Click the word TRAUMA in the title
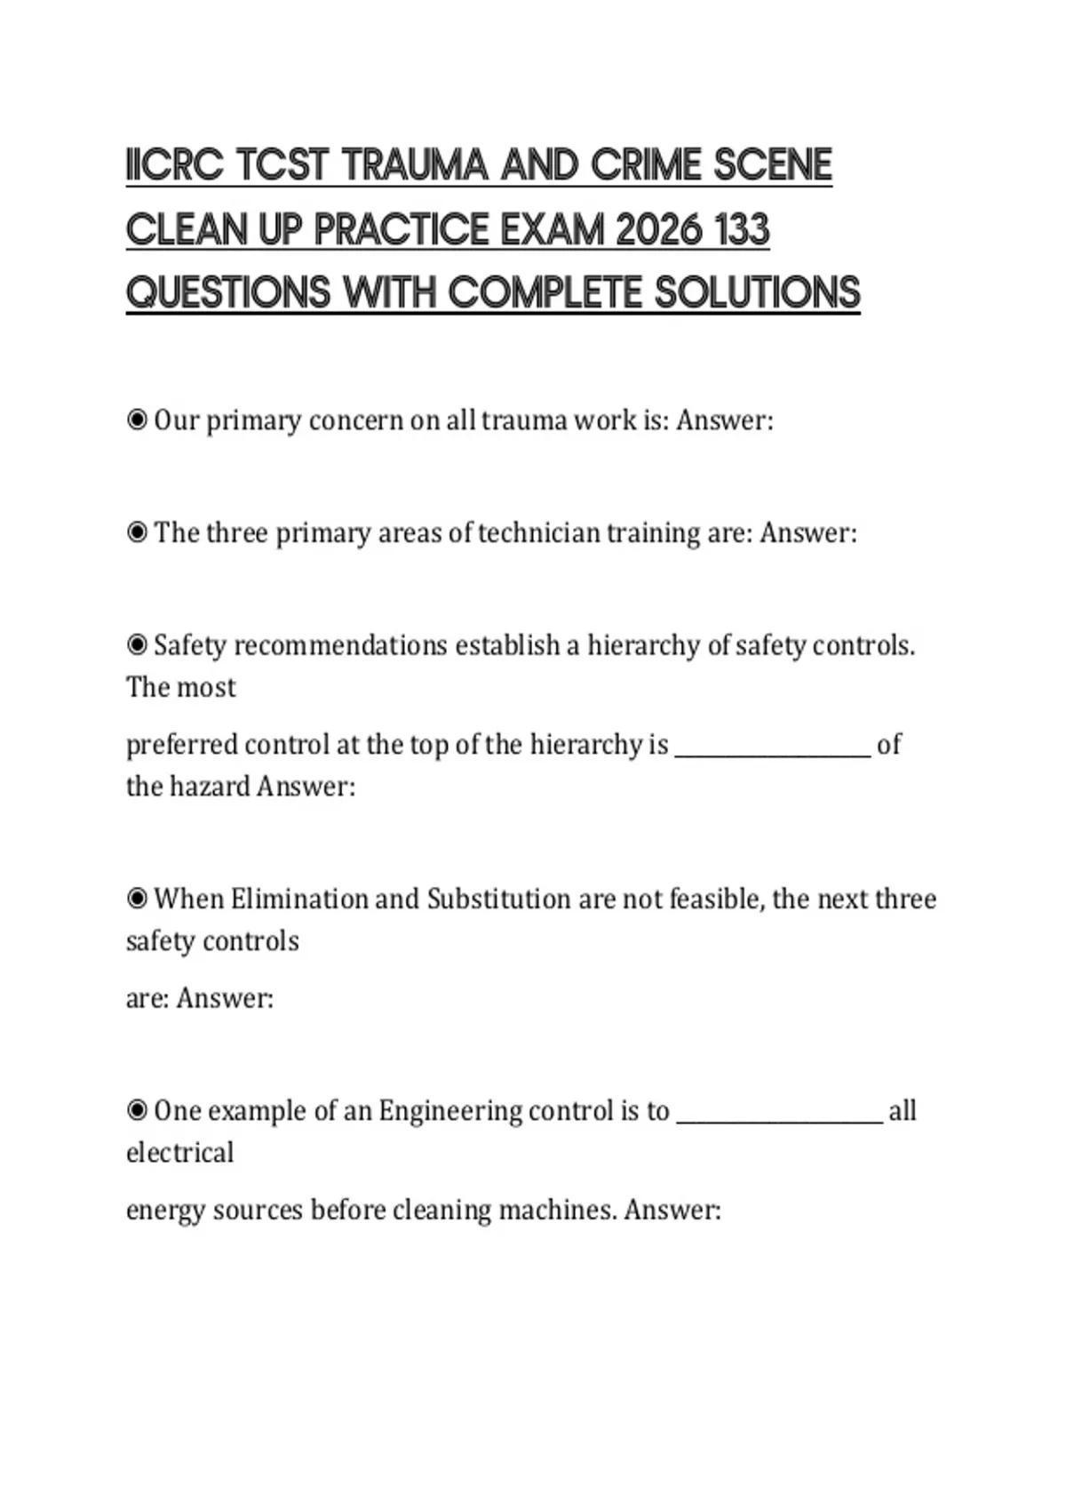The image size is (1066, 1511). [415, 166]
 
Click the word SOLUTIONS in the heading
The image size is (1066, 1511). [758, 294]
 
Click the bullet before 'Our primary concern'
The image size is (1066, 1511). [137, 420]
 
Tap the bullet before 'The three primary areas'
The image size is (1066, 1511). [137, 532]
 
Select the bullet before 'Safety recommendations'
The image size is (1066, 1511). [137, 644]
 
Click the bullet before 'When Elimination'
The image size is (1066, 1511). [137, 899]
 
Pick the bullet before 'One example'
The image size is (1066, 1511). [137, 1110]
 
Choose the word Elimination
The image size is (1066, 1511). [298, 899]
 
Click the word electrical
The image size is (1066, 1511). [180, 1153]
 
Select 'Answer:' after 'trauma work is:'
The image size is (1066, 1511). [724, 420]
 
